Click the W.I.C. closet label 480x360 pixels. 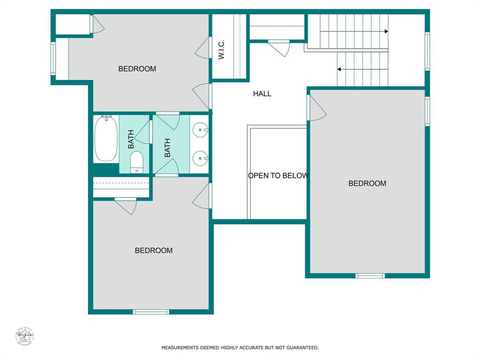click(x=222, y=49)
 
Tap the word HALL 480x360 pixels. click(x=262, y=94)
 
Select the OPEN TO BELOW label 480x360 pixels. click(x=278, y=176)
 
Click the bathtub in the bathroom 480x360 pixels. click(x=106, y=139)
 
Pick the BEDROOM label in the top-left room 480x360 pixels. click(x=137, y=69)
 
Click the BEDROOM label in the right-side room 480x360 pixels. click(x=367, y=184)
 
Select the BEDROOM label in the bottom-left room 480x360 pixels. click(x=154, y=251)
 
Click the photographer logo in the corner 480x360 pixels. click(x=24, y=336)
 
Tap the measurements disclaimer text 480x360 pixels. click(x=240, y=348)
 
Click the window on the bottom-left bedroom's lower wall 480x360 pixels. click(x=151, y=312)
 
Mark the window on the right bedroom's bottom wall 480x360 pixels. click(x=370, y=276)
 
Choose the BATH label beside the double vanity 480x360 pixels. click(x=167, y=147)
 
